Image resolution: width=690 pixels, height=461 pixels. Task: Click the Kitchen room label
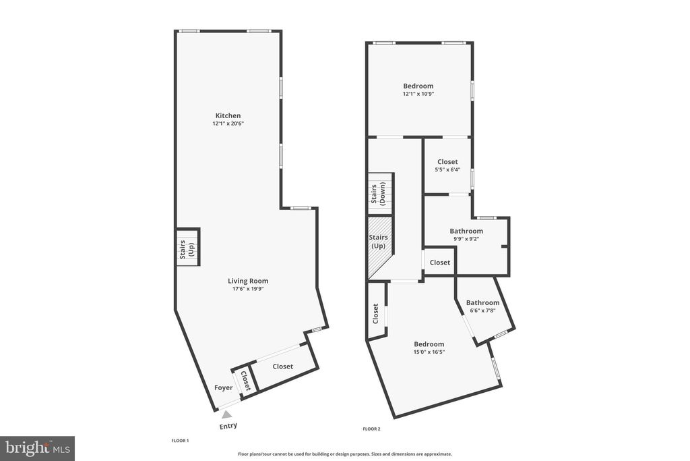pos(228,115)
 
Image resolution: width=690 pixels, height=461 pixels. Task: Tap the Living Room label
pos(247,281)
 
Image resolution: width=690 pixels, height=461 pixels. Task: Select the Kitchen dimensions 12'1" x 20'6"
pos(228,124)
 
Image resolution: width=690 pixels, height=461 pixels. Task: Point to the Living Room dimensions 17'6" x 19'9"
pos(247,289)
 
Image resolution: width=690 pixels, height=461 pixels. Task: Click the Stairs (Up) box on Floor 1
pos(188,248)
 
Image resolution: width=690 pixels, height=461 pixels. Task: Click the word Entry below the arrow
pos(228,426)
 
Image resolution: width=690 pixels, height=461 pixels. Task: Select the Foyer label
pos(223,387)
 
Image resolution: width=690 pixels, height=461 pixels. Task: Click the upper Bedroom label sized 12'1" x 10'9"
pos(418,86)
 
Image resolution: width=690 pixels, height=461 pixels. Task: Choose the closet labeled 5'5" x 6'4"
pos(447,165)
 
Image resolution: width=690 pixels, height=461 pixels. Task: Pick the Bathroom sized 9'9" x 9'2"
pos(466,234)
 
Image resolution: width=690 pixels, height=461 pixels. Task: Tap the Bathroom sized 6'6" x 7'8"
pos(482,306)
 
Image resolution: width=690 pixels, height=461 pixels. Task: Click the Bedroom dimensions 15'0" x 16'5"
pos(429,352)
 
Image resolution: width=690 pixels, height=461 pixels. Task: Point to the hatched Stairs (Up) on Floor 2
pos(378,242)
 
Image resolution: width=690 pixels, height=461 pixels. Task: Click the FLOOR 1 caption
pos(180,441)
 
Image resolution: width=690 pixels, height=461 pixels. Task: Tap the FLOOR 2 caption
pos(371,429)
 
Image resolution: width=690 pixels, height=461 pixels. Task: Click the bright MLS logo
pos(37,448)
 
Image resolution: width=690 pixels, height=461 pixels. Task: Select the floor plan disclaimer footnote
pos(344,454)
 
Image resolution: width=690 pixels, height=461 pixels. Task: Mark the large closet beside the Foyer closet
pos(283,367)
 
